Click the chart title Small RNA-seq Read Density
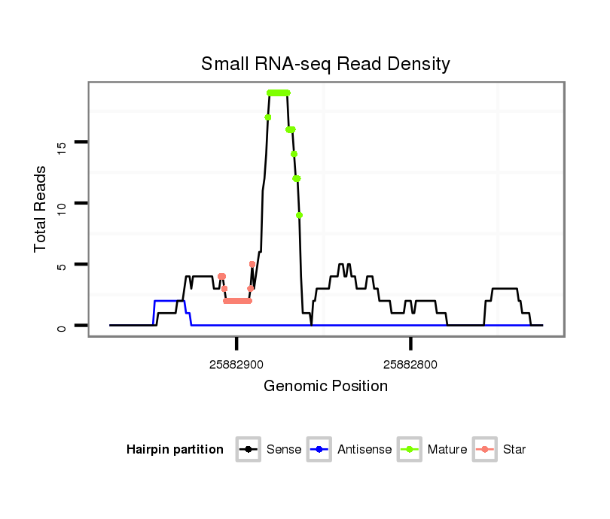tap(325, 64)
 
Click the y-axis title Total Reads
tap(41, 208)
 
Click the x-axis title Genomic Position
tap(325, 387)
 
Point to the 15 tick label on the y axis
tap(62, 141)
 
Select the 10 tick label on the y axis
tap(62, 203)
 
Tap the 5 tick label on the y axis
tap(62, 265)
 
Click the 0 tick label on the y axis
tap(62, 326)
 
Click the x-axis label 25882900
tap(236, 365)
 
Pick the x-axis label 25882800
tap(410, 365)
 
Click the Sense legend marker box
tap(248, 450)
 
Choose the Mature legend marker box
tap(410, 450)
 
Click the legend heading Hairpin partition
tap(175, 450)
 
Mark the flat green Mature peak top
tap(279, 93)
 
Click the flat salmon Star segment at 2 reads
tap(237, 301)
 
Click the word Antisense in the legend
tap(364, 450)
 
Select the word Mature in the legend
tap(447, 450)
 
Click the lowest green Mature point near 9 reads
tap(300, 215)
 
